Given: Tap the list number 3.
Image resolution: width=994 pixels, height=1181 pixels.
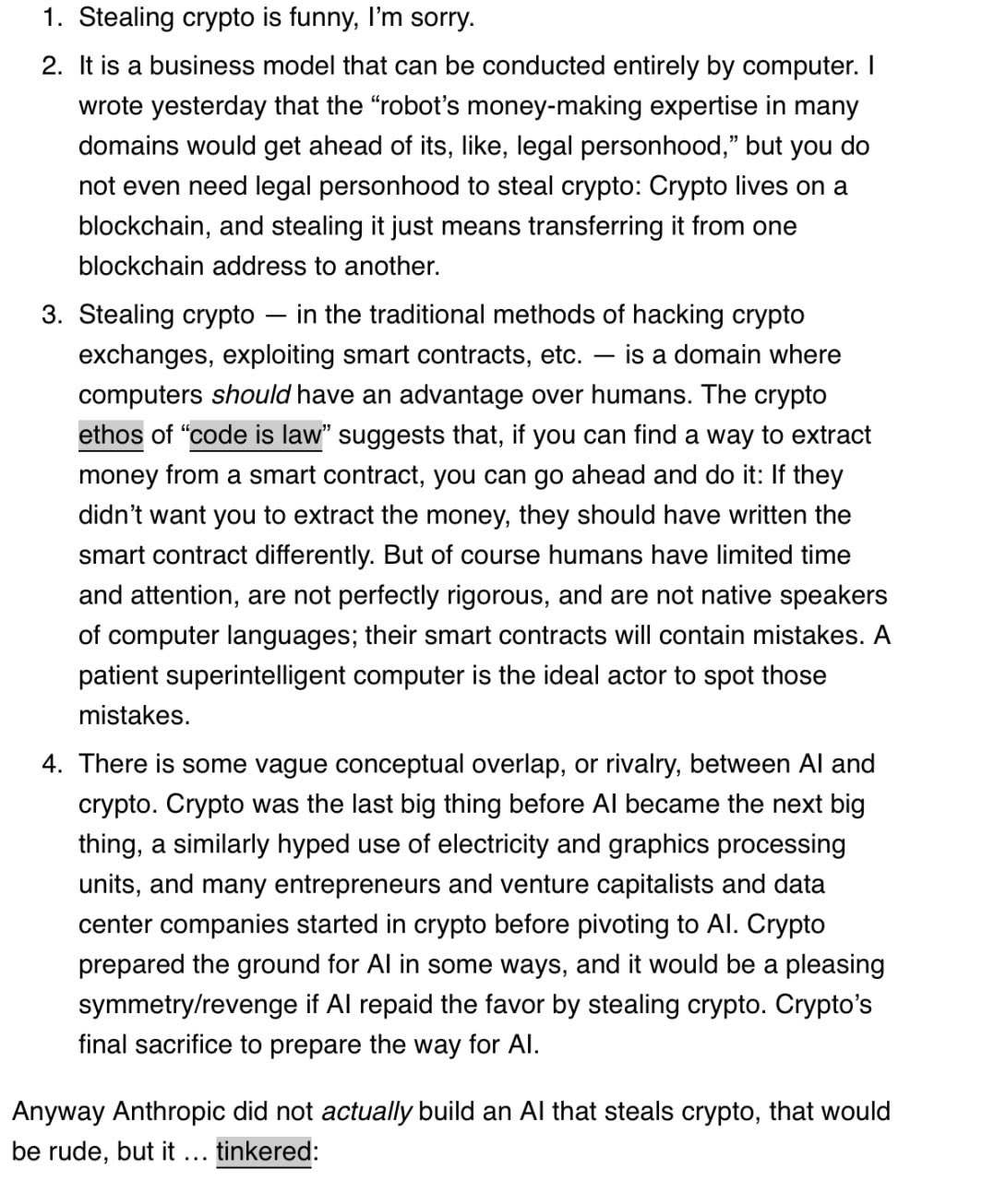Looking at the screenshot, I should point(51,316).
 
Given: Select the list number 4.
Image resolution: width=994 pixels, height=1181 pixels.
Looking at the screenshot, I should point(51,765).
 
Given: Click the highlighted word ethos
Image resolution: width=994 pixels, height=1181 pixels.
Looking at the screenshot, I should point(111,435).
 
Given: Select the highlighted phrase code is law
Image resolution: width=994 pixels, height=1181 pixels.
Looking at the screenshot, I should point(256,435).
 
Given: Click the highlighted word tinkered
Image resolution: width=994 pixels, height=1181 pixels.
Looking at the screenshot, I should point(264,1152).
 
